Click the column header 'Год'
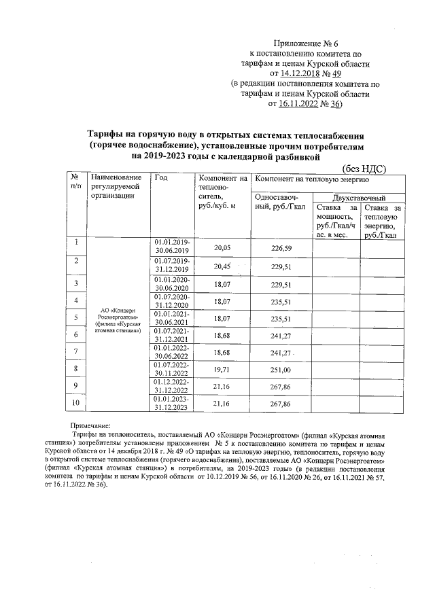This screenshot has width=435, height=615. pyautogui.click(x=161, y=179)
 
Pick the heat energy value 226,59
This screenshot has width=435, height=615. pyautogui.click(x=281, y=249)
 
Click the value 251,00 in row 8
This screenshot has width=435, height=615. pyautogui.click(x=281, y=369)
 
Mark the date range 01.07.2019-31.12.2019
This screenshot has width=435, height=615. pyautogui.click(x=173, y=264)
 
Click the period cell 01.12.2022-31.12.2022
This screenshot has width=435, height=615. pyautogui.click(x=173, y=387)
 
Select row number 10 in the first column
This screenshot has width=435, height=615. pyautogui.click(x=77, y=403)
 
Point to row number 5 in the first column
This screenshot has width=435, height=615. pyautogui.click(x=77, y=317)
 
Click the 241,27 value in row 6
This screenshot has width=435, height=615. pyautogui.click(x=281, y=334)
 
